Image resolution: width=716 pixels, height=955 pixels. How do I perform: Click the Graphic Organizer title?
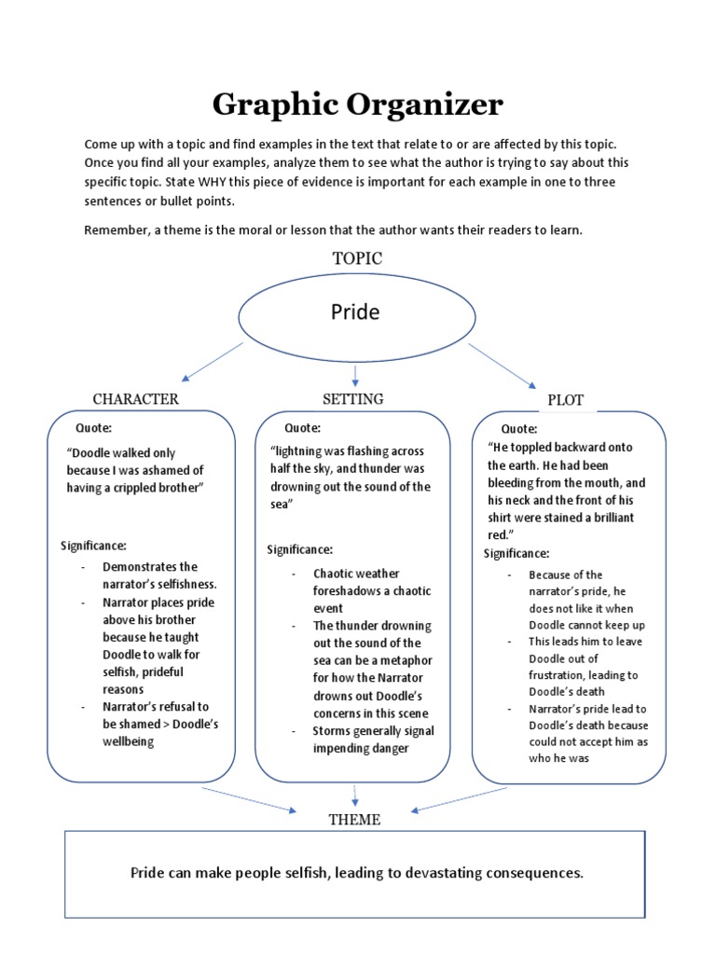click(357, 104)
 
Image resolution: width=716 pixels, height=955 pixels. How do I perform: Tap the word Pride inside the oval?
click(355, 311)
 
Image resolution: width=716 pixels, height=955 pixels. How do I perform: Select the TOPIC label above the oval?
click(357, 258)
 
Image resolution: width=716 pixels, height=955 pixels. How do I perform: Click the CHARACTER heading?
click(135, 399)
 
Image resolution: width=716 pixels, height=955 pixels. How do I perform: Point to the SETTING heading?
click(352, 399)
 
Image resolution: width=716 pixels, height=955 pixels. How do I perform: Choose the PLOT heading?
click(565, 400)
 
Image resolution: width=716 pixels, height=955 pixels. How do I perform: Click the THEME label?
click(354, 820)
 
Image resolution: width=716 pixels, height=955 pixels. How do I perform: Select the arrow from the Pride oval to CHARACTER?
click(213, 362)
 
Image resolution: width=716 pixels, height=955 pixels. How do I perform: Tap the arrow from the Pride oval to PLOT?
click(502, 365)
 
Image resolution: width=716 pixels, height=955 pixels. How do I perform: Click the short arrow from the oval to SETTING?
click(355, 375)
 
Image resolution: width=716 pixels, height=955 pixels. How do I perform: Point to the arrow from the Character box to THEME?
click(247, 799)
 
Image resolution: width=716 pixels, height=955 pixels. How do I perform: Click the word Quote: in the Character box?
click(93, 428)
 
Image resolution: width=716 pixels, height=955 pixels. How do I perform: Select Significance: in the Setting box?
click(300, 549)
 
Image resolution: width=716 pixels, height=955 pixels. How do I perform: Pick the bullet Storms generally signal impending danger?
click(373, 740)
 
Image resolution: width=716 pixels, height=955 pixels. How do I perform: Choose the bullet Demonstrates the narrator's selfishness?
click(159, 575)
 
